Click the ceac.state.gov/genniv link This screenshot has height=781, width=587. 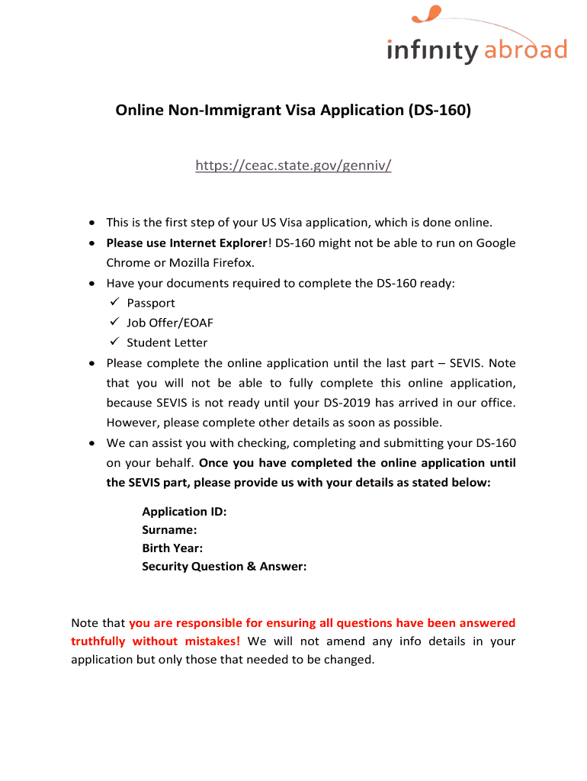(x=293, y=166)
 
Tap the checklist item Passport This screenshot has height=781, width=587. (x=151, y=303)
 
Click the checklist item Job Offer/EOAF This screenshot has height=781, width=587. (x=170, y=323)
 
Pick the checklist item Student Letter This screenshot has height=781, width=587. (x=167, y=342)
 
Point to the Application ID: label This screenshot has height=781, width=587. (x=184, y=512)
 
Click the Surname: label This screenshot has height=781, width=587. (x=169, y=529)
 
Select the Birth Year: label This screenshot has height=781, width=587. (x=172, y=548)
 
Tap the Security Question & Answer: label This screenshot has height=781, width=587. (x=224, y=566)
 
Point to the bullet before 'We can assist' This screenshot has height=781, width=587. (x=91, y=442)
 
